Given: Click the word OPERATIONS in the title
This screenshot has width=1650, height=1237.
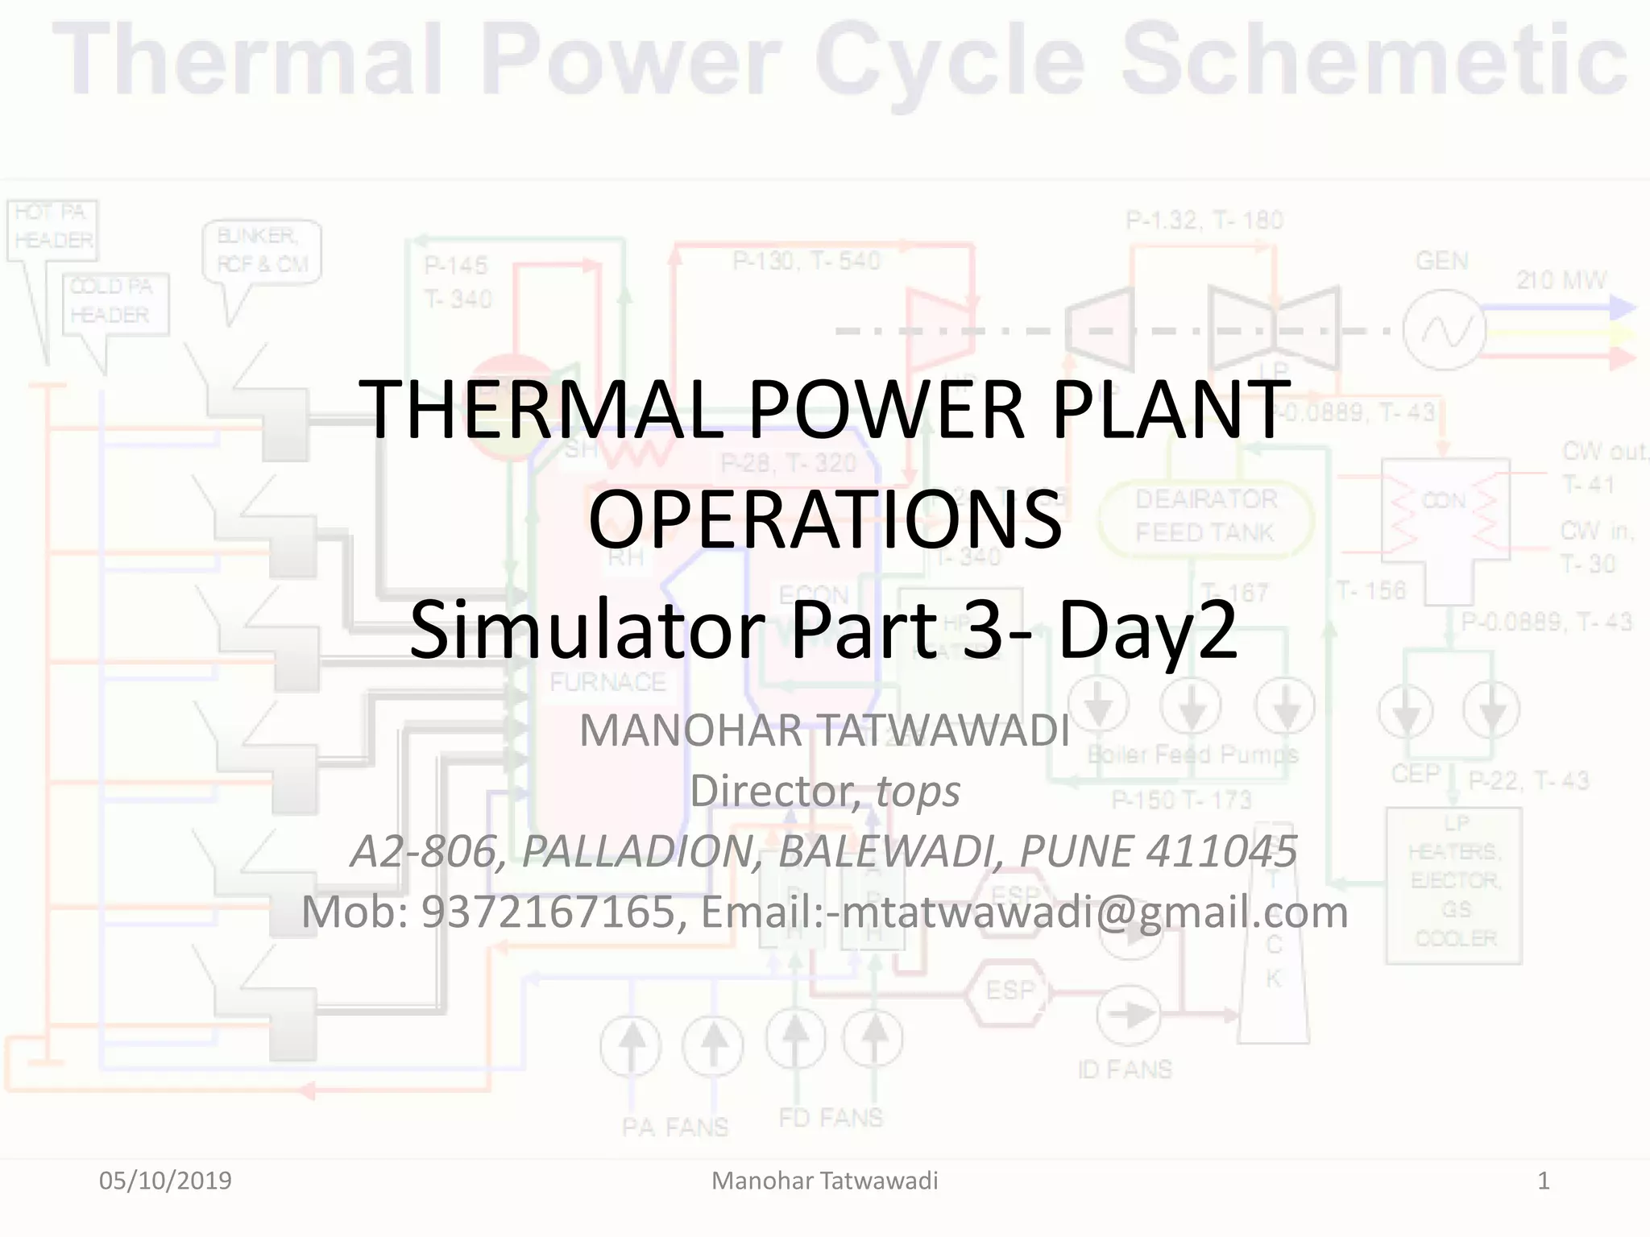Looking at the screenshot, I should (x=825, y=519).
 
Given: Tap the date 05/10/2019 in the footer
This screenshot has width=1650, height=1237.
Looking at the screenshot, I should (x=165, y=1181).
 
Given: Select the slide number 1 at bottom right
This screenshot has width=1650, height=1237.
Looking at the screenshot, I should (x=1543, y=1181).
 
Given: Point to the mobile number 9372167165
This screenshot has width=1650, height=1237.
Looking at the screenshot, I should (x=548, y=912).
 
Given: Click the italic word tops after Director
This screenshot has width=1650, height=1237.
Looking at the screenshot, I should (x=918, y=791).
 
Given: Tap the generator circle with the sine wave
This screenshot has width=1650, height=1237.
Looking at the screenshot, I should (x=1444, y=330).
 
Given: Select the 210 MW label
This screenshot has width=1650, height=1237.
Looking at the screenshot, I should (x=1561, y=280).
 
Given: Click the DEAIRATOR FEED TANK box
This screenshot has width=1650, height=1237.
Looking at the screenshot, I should (x=1206, y=516).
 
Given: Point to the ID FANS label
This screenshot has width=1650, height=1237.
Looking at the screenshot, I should (x=1125, y=1069).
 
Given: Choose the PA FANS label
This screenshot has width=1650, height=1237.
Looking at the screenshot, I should (x=674, y=1127).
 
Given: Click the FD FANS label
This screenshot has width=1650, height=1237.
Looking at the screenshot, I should (x=831, y=1118).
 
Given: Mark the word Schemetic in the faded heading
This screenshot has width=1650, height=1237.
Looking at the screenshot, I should (x=1374, y=60).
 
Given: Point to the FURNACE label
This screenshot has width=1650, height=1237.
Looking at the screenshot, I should (x=607, y=682).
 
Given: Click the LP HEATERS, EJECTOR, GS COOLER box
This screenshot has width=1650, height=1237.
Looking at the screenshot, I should (x=1454, y=882).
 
